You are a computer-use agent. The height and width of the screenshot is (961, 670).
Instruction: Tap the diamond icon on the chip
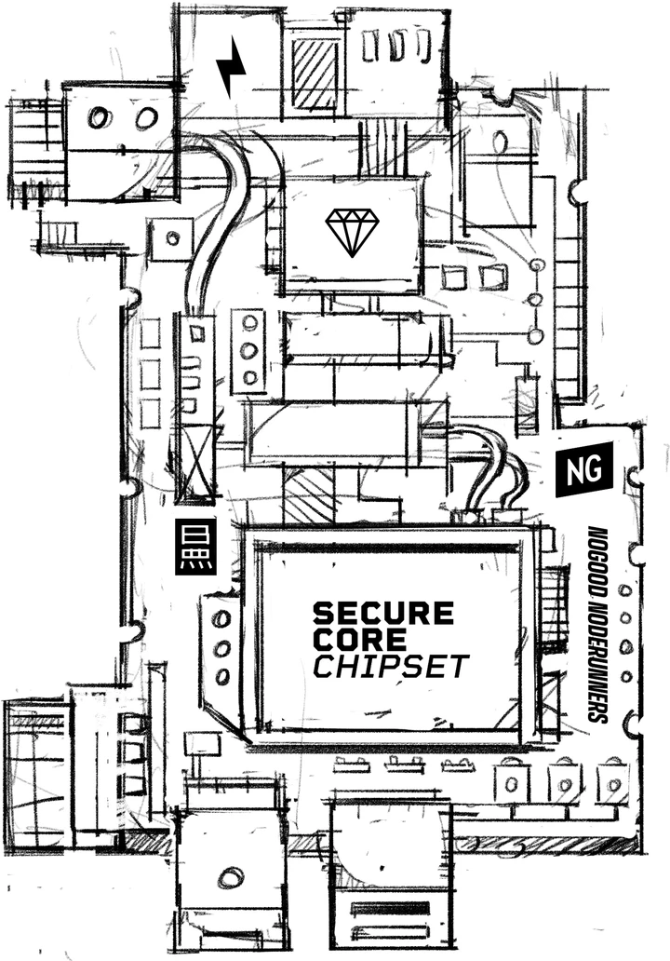[x=352, y=232]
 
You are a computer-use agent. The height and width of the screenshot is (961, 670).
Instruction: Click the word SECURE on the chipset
[x=383, y=613]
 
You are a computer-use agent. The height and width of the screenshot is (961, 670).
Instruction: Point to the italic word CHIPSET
[x=391, y=666]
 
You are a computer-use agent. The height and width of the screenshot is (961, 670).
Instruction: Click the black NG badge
[x=584, y=469]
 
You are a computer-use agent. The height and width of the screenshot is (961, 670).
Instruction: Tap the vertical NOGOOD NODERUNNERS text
[x=596, y=624]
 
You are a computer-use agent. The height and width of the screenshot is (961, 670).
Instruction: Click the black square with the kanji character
[x=196, y=548]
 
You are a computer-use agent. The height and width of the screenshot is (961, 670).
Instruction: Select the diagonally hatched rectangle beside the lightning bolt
[x=315, y=73]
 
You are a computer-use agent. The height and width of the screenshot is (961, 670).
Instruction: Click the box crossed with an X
[x=198, y=465]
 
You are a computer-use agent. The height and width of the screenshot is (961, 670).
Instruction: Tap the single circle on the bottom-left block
[x=230, y=877]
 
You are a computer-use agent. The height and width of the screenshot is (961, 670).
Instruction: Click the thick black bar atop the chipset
[x=386, y=548]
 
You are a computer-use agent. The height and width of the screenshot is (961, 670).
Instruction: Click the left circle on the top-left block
[x=98, y=117]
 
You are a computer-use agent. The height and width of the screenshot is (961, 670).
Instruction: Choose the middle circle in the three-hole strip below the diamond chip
[x=248, y=350]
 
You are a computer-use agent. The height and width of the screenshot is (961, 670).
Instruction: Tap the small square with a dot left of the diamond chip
[x=171, y=237]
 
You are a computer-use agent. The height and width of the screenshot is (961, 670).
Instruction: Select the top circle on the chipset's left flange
[x=221, y=618]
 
